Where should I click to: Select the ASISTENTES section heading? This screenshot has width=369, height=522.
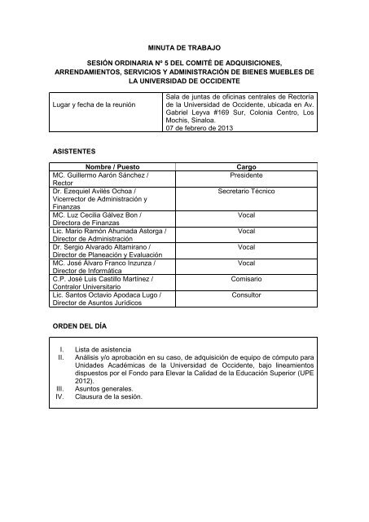pyautogui.click(x=74, y=152)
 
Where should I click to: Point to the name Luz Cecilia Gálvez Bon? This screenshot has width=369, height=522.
pyautogui.click(x=104, y=215)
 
